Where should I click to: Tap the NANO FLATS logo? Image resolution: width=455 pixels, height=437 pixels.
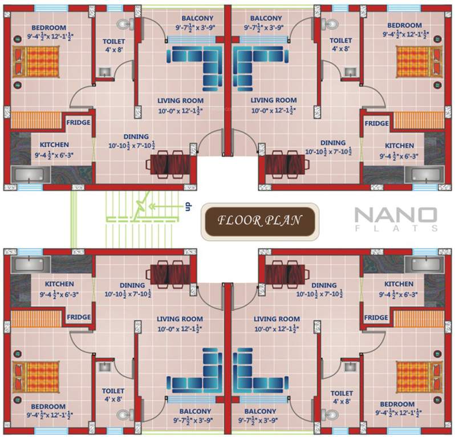pos(396,219)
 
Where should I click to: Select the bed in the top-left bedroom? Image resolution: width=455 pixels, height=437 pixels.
pos(36,61)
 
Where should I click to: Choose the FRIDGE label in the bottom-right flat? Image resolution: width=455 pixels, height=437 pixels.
pos(376,317)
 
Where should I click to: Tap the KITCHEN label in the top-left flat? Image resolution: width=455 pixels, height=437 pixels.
pos(54,145)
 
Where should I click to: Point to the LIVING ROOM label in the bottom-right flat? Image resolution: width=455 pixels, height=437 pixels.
pos(277,319)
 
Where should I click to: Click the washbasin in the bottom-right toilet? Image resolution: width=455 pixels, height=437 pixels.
pos(350,367)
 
